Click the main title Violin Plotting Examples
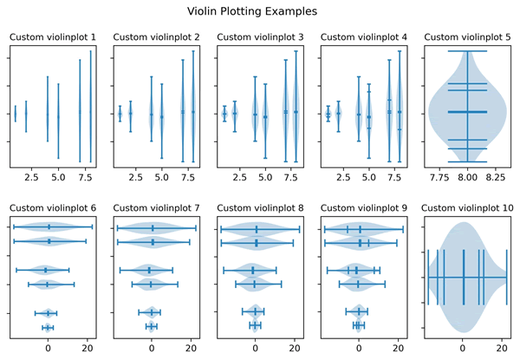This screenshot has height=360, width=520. [x=252, y=11]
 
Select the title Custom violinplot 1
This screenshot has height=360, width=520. [x=53, y=37]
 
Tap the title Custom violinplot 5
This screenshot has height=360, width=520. [x=467, y=37]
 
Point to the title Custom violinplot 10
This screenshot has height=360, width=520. [x=467, y=208]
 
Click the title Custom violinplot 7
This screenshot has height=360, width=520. [x=156, y=208]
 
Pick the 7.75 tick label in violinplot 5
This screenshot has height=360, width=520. [x=439, y=178]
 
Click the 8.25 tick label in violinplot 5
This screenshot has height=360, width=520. [x=496, y=178]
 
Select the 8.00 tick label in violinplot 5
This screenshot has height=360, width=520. [x=468, y=178]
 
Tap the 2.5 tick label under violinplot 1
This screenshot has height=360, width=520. [x=31, y=178]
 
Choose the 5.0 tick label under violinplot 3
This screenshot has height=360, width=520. [x=265, y=178]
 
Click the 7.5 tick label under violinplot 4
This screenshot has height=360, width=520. [x=394, y=178]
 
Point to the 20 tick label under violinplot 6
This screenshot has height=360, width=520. [x=88, y=349]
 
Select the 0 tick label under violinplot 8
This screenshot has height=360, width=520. [x=255, y=349]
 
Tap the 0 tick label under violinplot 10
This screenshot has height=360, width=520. [x=463, y=349]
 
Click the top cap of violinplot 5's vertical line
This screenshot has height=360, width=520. [x=468, y=51]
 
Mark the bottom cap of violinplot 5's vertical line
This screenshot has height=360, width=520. [x=468, y=162]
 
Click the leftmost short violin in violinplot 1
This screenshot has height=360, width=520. [x=16, y=114]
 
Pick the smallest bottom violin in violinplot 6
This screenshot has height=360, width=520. [x=48, y=328]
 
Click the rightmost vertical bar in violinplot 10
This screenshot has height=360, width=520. [x=507, y=278]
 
